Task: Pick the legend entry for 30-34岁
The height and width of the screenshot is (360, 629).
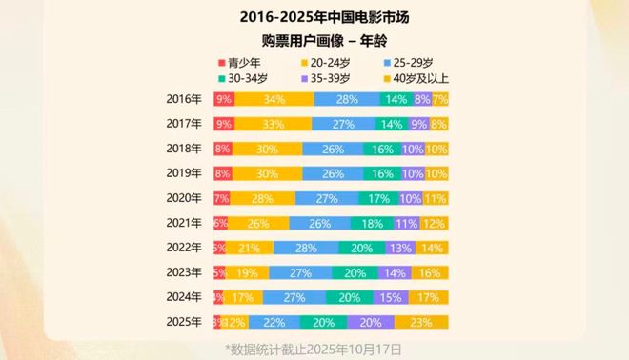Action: tap(248, 77)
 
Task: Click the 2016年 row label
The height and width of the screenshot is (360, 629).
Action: tap(184, 99)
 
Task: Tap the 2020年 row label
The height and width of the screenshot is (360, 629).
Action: tap(184, 198)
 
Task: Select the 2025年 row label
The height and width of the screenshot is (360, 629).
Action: tap(184, 322)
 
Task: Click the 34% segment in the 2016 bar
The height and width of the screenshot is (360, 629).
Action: tap(274, 99)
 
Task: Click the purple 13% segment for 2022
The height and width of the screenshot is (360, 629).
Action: tap(401, 248)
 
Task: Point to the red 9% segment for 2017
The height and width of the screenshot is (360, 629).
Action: tap(224, 124)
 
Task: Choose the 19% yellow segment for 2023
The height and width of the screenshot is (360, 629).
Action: tap(247, 272)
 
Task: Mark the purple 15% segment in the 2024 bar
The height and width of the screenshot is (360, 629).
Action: tap(391, 297)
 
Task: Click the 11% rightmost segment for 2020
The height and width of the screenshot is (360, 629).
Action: tap(436, 198)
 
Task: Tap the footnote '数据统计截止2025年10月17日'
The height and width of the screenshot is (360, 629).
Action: tap(314, 350)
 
